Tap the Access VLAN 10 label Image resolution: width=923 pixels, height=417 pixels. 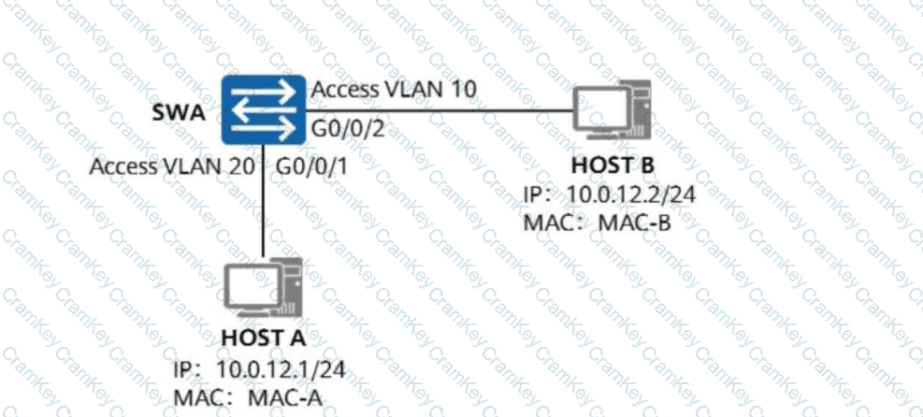pyautogui.click(x=395, y=89)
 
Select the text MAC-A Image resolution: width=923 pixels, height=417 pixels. pyautogui.click(x=286, y=397)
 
